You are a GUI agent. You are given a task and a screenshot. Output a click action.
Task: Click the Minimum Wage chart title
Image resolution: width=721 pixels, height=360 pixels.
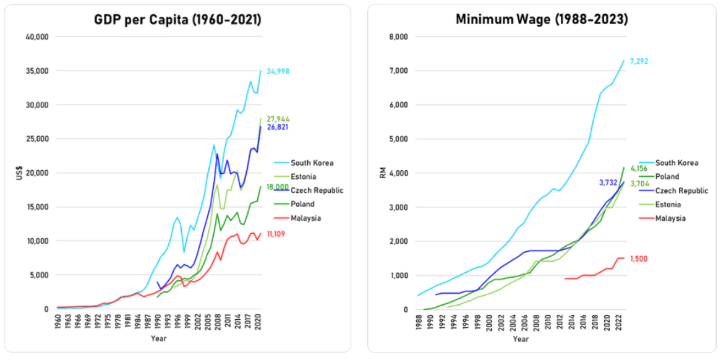point(542,19)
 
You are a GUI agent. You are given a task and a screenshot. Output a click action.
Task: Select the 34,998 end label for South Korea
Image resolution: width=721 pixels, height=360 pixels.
point(278,72)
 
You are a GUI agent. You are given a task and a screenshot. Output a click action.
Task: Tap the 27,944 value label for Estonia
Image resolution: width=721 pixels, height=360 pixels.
point(278,119)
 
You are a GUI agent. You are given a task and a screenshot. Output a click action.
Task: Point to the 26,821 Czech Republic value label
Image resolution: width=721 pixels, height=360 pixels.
point(278,127)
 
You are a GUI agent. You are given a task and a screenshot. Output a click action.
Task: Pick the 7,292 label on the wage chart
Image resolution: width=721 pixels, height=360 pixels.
point(639,61)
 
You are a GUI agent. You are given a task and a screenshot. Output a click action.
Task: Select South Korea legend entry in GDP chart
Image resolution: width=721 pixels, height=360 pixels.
point(312,163)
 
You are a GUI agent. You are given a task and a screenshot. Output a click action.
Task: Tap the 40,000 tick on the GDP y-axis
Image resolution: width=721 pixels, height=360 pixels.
point(37,37)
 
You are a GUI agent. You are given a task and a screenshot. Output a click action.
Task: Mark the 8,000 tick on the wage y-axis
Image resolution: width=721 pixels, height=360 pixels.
point(401,37)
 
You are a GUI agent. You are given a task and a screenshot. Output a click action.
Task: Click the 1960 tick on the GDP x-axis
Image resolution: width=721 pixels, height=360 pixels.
point(58,324)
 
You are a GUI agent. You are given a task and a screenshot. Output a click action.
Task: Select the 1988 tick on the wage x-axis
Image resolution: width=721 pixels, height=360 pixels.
point(419,324)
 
